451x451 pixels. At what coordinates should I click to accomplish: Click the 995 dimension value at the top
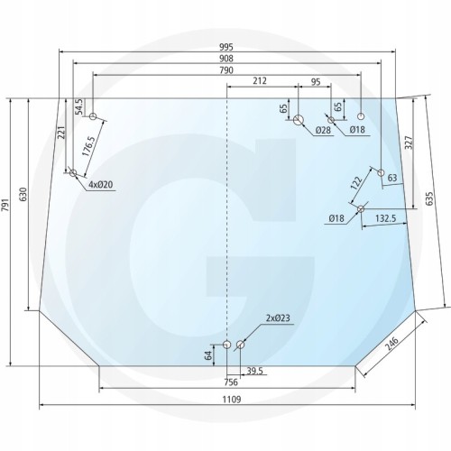pyautogui.click(x=226, y=47)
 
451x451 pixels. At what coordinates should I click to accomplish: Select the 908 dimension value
pyautogui.click(x=226, y=59)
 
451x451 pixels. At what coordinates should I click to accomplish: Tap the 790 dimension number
pyautogui.click(x=226, y=70)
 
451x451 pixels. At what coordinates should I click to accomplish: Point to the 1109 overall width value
pyautogui.click(x=232, y=400)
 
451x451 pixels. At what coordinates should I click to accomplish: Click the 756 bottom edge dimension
pyautogui.click(x=231, y=382)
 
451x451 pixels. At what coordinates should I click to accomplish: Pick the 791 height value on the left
pyautogui.click(x=6, y=206)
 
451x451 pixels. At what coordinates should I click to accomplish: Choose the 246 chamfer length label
pyautogui.click(x=391, y=344)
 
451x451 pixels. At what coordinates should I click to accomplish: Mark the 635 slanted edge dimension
pyautogui.click(x=430, y=198)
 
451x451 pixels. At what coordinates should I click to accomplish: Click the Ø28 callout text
pyautogui.click(x=323, y=130)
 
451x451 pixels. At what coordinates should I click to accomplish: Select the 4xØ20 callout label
pyautogui.click(x=101, y=184)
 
